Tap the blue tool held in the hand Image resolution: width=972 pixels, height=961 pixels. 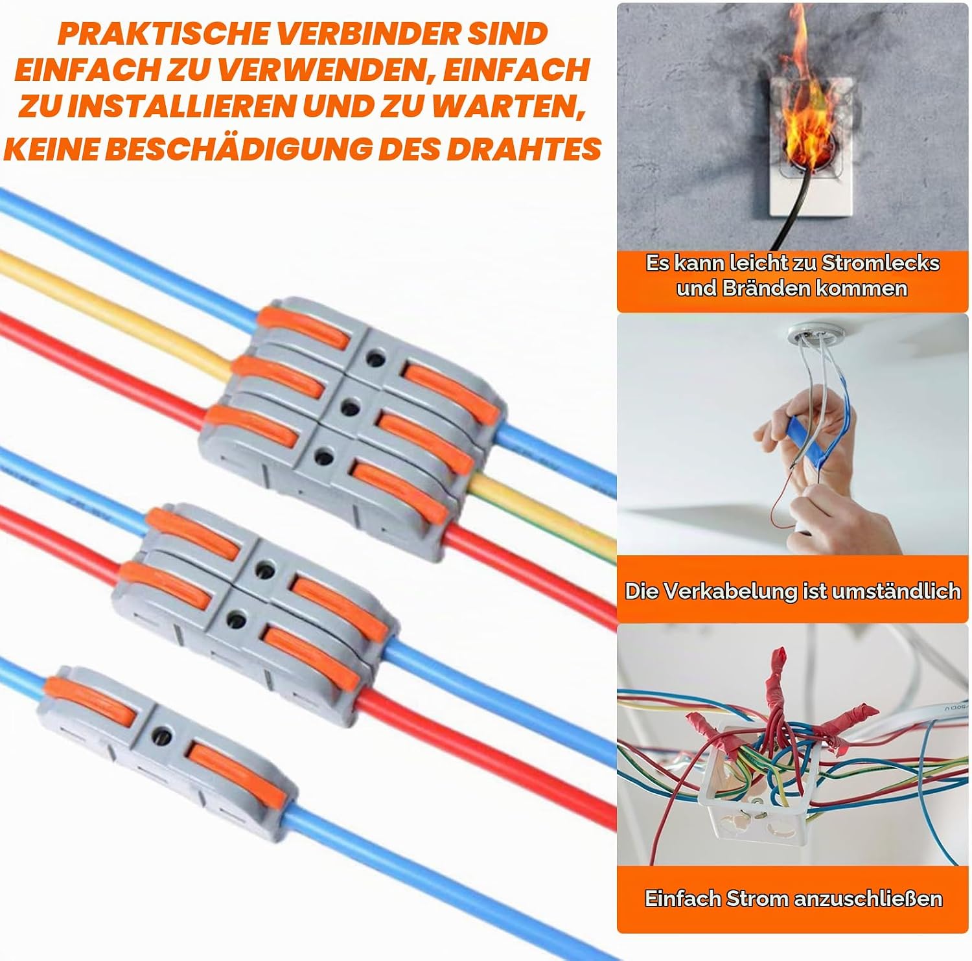(x=802, y=441)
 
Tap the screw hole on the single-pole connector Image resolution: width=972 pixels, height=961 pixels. (x=162, y=736)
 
